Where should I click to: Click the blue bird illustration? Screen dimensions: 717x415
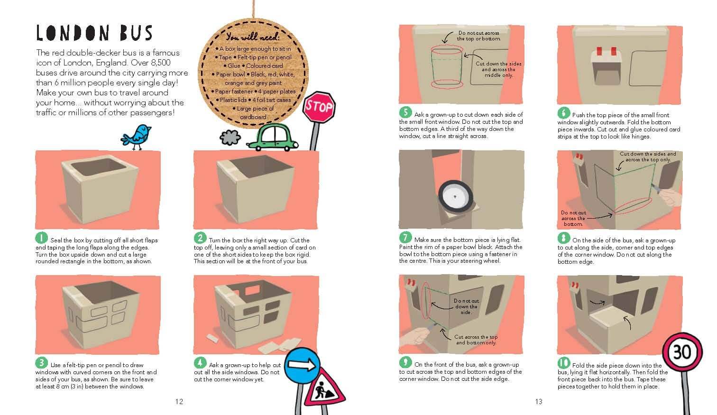pyautogui.click(x=136, y=137)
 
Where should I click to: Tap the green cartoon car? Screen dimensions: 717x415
pyautogui.click(x=273, y=138)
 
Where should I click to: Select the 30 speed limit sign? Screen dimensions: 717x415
pyautogui.click(x=682, y=352)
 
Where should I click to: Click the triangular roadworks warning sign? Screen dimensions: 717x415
pyautogui.click(x=324, y=388)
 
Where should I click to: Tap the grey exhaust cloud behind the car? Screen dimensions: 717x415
pyautogui.click(x=230, y=138)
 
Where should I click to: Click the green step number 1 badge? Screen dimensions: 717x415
pyautogui.click(x=41, y=238)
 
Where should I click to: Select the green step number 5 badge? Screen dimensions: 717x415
pyautogui.click(x=405, y=112)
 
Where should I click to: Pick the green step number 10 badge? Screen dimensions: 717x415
pyautogui.click(x=564, y=363)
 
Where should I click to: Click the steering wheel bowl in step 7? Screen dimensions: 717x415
pyautogui.click(x=456, y=196)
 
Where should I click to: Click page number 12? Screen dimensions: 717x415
pyautogui.click(x=179, y=402)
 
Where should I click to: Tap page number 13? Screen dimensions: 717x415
pyautogui.click(x=539, y=402)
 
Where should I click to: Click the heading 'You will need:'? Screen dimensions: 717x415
pyautogui.click(x=253, y=37)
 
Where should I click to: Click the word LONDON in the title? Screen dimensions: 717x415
pyautogui.click(x=73, y=33)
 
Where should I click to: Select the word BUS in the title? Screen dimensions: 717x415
pyautogui.click(x=136, y=33)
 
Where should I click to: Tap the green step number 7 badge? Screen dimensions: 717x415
pyautogui.click(x=405, y=238)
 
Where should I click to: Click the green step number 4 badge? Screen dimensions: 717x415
pyautogui.click(x=200, y=363)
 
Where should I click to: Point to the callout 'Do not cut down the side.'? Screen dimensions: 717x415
pyautogui.click(x=466, y=306)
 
